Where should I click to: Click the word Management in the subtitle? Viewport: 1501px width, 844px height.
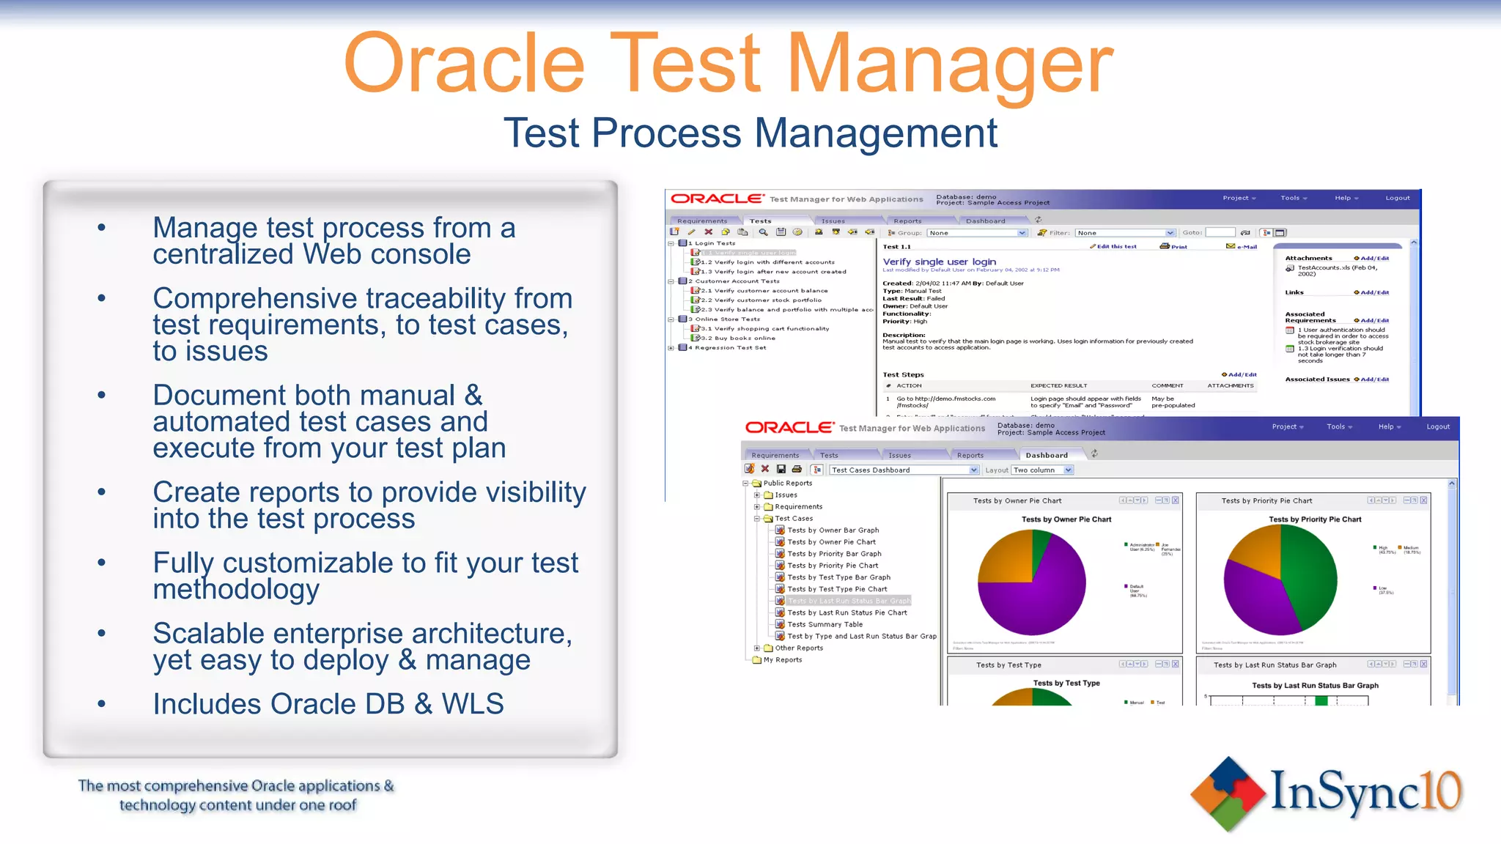pyautogui.click(x=875, y=133)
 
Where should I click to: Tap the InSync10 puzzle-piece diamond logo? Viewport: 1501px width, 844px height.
pyautogui.click(x=1228, y=794)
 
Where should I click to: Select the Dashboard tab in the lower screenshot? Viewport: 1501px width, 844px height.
pyautogui.click(x=1046, y=455)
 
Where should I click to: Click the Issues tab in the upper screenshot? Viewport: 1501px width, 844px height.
pyautogui.click(x=833, y=221)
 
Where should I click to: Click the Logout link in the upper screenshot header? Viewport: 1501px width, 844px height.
pyautogui.click(x=1397, y=198)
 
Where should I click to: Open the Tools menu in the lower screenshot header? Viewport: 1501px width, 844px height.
pyautogui.click(x=1338, y=426)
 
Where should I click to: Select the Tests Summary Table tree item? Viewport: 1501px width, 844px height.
pyautogui.click(x=825, y=624)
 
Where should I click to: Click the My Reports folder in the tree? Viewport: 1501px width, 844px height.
pyautogui.click(x=782, y=659)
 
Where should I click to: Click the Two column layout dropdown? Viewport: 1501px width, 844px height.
pyautogui.click(x=1041, y=470)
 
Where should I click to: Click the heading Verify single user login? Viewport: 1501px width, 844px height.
pyautogui.click(x=939, y=262)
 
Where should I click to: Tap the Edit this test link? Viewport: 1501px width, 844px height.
pyautogui.click(x=1115, y=246)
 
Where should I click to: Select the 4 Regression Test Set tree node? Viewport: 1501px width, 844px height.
pyautogui.click(x=729, y=348)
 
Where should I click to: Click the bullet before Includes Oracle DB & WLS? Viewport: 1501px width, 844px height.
pyautogui.click(x=102, y=704)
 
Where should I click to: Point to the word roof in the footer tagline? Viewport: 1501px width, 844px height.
pyautogui.click(x=342, y=805)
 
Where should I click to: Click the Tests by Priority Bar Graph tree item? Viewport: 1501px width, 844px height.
pyautogui.click(x=834, y=554)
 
